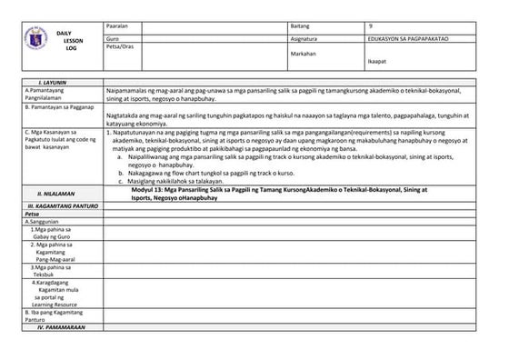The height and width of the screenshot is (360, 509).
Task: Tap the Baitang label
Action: (300, 25)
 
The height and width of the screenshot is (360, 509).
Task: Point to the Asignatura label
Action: (304, 39)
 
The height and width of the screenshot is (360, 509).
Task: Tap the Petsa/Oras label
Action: (120, 46)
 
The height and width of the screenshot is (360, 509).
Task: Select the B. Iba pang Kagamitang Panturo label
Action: (53, 315)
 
